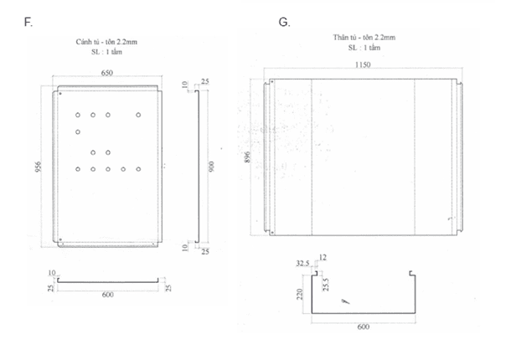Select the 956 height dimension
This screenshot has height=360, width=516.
37,167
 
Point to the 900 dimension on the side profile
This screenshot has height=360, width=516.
212,167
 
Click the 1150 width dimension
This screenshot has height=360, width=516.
362,64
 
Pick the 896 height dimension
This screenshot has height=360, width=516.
247,157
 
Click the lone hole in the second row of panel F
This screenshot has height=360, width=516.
77,132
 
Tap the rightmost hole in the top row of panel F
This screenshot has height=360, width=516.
138,114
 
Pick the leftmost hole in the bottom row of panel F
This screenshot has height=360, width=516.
77,169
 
